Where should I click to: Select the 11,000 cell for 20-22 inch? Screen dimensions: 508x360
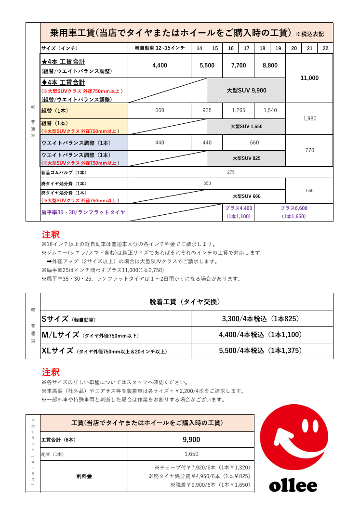309,78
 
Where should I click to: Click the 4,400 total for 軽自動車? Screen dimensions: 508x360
160,65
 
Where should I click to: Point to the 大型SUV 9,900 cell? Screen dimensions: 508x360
246,91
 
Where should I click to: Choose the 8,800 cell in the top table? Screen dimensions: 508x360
270,65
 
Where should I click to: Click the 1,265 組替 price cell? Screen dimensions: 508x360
239,111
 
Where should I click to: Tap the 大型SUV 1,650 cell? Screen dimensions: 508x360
246,126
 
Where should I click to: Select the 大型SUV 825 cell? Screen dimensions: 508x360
246,158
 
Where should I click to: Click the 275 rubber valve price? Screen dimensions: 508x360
230,172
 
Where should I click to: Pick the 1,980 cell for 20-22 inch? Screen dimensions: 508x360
309,118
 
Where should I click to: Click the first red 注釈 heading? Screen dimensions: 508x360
51,235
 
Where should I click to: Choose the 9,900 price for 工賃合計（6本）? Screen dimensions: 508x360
191,440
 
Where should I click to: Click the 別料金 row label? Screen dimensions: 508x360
84,476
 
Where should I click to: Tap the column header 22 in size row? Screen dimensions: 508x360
325,49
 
